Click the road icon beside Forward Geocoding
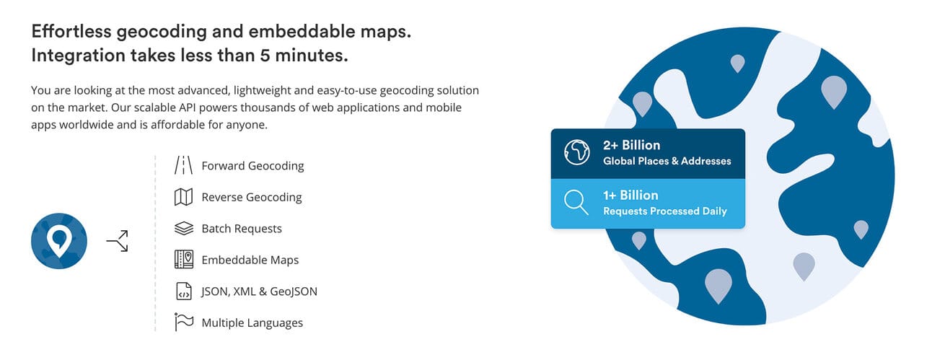[183, 165]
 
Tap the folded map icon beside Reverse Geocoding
[183, 197]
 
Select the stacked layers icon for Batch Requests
[183, 228]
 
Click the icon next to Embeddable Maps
[183, 260]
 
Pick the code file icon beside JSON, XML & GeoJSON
[183, 291]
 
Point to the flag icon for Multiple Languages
[183, 322]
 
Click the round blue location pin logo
[59, 241]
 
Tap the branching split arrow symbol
[118, 240]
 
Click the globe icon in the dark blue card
[576, 152]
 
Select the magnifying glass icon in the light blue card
[576, 202]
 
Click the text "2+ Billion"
[632, 145]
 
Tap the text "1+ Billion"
[630, 195]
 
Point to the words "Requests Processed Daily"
[665, 211]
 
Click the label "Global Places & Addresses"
[667, 161]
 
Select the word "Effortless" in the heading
[71, 31]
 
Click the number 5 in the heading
[265, 56]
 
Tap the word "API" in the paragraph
[188, 107]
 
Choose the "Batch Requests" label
[242, 229]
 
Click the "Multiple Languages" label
[252, 323]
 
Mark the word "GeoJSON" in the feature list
[294, 291]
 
